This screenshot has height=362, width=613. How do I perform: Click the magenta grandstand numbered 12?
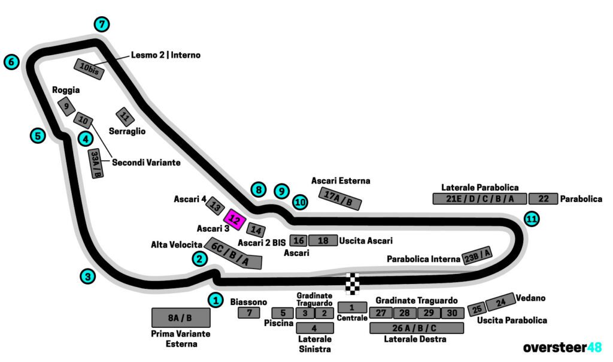click(235, 221)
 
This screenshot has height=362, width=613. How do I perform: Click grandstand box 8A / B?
click(180, 318)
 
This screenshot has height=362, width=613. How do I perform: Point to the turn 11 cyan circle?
click(531, 219)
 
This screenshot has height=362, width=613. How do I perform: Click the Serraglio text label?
click(127, 131)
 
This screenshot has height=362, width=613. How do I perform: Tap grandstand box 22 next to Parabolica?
click(543, 199)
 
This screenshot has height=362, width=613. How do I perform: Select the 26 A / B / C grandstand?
click(416, 328)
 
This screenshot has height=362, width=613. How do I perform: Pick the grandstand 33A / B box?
click(96, 164)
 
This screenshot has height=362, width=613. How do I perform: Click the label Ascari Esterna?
click(341, 180)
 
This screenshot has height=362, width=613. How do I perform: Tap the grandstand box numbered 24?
click(500, 301)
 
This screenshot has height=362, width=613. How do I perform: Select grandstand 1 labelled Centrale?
click(352, 307)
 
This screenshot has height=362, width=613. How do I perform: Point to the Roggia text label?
click(66, 90)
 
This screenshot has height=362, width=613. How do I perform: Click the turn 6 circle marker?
click(11, 62)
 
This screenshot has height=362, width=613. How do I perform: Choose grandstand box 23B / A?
click(477, 255)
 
